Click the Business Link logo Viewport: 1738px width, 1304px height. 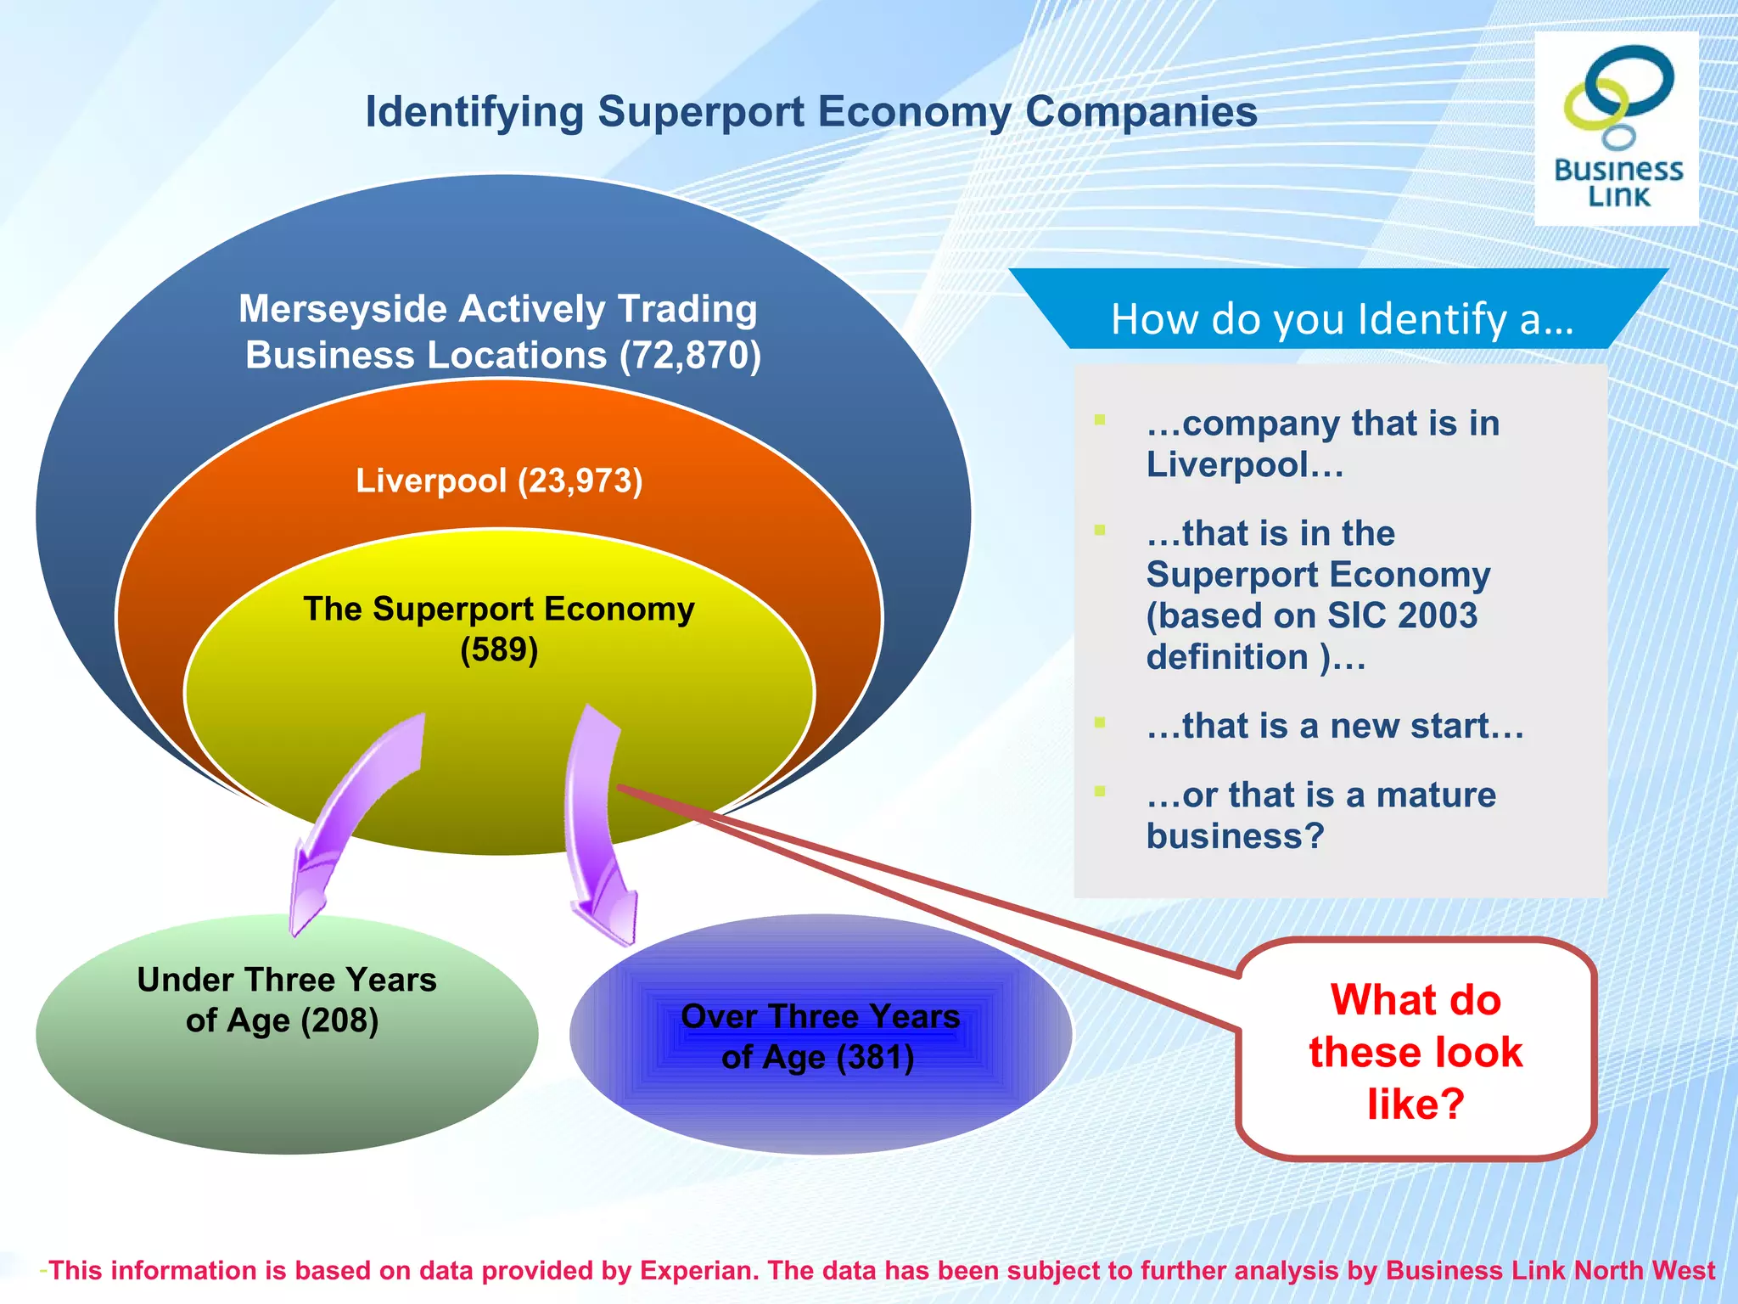click(1617, 127)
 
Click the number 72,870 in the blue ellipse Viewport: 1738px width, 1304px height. click(691, 356)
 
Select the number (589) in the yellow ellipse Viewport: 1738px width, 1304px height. click(499, 650)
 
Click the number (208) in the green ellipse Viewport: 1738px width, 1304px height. click(340, 1020)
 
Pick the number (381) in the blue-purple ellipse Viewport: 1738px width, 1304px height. click(876, 1058)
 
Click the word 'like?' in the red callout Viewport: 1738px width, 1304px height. click(1416, 1104)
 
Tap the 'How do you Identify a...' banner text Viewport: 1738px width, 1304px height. click(1342, 320)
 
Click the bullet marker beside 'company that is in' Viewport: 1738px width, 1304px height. click(1100, 419)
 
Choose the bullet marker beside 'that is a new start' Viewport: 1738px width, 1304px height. click(1100, 722)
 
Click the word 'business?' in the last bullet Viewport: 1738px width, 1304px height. click(1235, 836)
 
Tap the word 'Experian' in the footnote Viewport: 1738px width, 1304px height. click(696, 1270)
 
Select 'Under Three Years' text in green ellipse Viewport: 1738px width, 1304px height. click(287, 980)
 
